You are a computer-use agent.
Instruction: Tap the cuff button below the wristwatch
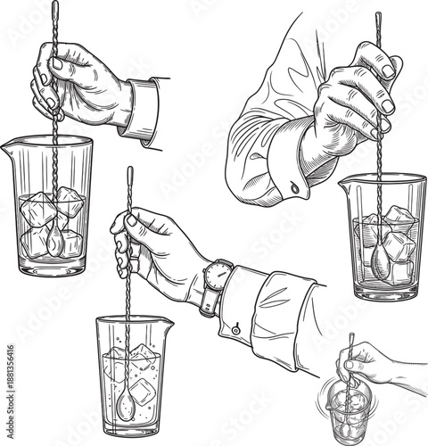(235, 329)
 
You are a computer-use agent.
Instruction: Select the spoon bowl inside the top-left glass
(54, 238)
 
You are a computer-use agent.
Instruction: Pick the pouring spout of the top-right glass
(344, 184)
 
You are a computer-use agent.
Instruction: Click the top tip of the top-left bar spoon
(54, 7)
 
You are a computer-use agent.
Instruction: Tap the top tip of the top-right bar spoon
(377, 16)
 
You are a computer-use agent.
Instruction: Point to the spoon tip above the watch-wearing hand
(129, 169)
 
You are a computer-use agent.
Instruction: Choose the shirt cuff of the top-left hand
(144, 109)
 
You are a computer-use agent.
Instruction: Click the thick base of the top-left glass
(53, 265)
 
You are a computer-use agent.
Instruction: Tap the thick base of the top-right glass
(383, 293)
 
